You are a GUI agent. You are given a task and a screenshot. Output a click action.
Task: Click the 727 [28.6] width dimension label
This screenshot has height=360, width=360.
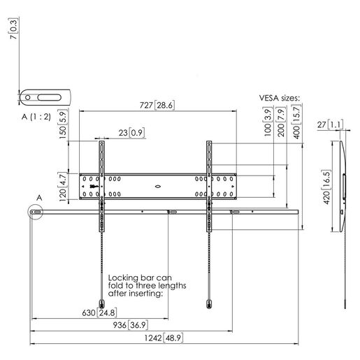pyautogui.click(x=157, y=106)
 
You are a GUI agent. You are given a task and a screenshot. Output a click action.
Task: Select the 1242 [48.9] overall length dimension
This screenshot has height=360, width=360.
pyautogui.click(x=164, y=338)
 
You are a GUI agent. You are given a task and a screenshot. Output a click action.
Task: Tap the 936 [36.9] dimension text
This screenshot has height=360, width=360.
pyautogui.click(x=131, y=325)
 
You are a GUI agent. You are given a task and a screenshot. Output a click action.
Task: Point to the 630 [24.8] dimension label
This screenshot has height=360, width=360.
pyautogui.click(x=99, y=312)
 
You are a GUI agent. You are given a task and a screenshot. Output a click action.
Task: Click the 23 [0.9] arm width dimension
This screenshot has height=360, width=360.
pyautogui.click(x=131, y=133)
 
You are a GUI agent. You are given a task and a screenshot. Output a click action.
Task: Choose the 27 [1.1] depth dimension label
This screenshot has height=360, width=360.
pyautogui.click(x=330, y=124)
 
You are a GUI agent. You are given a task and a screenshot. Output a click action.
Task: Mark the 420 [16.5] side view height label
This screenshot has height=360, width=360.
pyautogui.click(x=326, y=187)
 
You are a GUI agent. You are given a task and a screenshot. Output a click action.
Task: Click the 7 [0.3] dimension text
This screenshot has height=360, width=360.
pyautogui.click(x=14, y=29)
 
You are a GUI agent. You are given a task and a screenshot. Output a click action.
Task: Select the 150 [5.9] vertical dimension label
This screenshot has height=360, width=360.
pyautogui.click(x=63, y=124)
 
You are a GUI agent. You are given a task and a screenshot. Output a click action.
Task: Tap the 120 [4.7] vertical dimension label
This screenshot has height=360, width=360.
pyautogui.click(x=63, y=187)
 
